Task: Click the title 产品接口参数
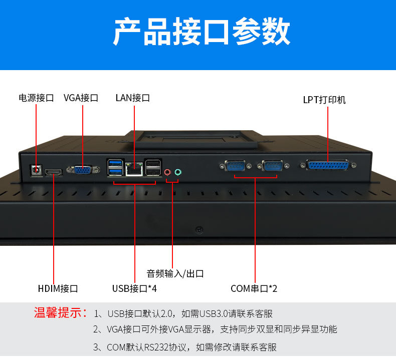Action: pyautogui.click(x=202, y=32)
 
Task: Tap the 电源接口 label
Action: pyautogui.click(x=37, y=98)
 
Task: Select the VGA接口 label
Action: pyautogui.click(x=81, y=98)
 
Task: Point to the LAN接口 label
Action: pyautogui.click(x=133, y=98)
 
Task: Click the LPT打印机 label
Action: pyautogui.click(x=324, y=100)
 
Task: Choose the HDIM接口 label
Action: pyautogui.click(x=58, y=288)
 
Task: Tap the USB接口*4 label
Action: pyautogui.click(x=134, y=288)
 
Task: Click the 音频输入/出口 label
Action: pyautogui.click(x=175, y=274)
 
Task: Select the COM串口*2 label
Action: pyautogui.click(x=254, y=288)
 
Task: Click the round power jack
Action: pyautogui.click(x=37, y=170)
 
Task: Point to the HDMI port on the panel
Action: pyautogui.click(x=54, y=173)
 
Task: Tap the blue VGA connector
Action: pyautogui.click(x=83, y=170)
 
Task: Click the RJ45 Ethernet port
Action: pyautogui.click(x=134, y=169)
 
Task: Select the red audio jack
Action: pyautogui.click(x=167, y=173)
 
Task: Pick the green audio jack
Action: pyautogui.click(x=178, y=172)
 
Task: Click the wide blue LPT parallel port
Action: pyautogui.click(x=328, y=166)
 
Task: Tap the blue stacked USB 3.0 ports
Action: pyautogui.click(x=115, y=167)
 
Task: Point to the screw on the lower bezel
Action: pyautogui.click(x=200, y=230)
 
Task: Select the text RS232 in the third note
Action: pyautogui.click(x=156, y=347)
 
